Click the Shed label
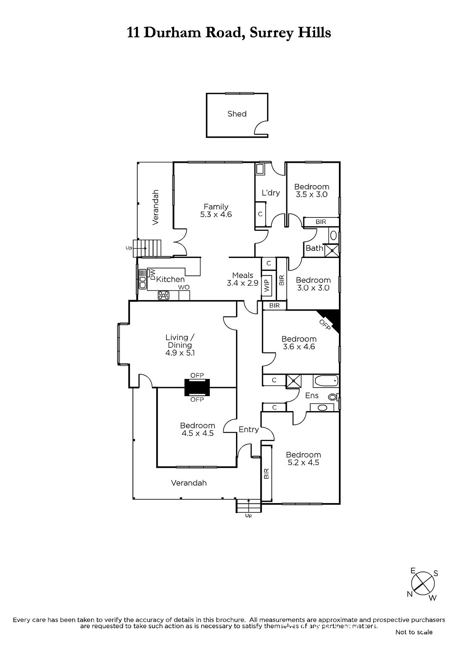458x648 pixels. click(237, 114)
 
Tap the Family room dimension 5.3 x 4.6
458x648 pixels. click(216, 214)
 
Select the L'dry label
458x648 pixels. click(271, 193)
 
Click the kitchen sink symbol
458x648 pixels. click(143, 279)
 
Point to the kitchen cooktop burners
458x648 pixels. click(164, 295)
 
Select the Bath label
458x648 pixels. click(314, 248)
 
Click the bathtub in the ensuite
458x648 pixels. click(326, 381)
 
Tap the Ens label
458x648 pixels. click(312, 395)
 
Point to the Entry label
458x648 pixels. click(249, 429)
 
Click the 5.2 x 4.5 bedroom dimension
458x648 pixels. click(303, 462)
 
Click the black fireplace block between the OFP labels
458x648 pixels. click(197, 387)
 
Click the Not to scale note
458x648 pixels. click(414, 632)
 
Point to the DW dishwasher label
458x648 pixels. click(153, 274)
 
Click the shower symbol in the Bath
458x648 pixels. click(331, 251)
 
